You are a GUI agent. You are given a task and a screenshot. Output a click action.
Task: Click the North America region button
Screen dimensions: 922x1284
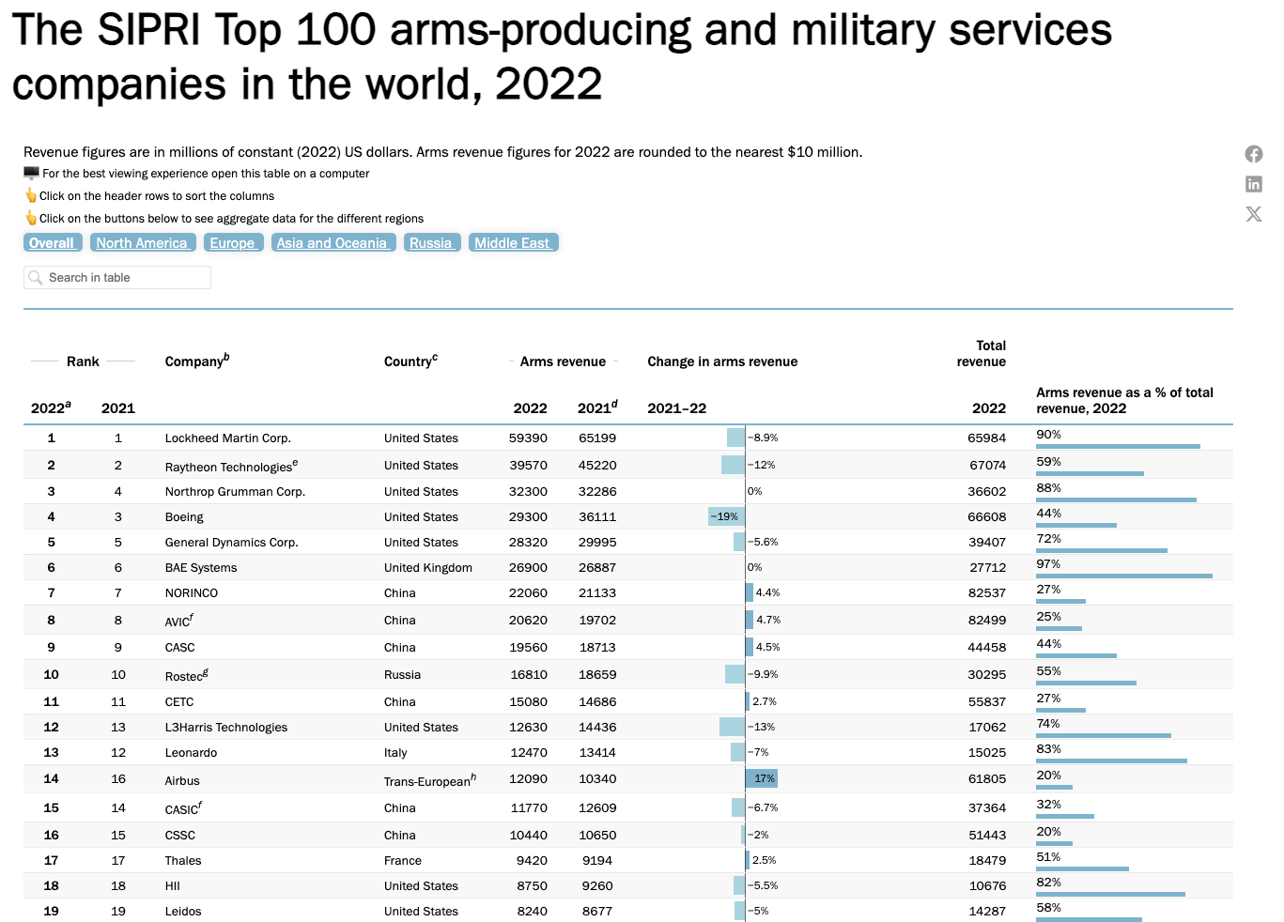coord(142,243)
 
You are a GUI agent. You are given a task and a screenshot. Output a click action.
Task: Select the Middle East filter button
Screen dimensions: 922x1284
coord(513,243)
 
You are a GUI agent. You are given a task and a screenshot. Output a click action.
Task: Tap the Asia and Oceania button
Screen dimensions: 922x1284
coord(333,243)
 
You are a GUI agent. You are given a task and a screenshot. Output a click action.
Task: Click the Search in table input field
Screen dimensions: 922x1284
coord(117,278)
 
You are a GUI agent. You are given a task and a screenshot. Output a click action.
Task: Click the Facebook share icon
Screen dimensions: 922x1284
coord(1254,154)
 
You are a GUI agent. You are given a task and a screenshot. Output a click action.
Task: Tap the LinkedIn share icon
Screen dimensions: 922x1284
coord(1254,184)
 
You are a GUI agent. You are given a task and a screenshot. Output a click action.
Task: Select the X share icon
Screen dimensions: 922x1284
coord(1254,214)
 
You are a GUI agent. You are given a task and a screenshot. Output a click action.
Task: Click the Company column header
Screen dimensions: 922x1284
coord(196,361)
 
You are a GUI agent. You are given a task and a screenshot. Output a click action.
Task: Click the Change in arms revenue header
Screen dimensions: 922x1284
coord(721,361)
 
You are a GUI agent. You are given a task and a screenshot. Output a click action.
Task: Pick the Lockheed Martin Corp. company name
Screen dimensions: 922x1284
coord(227,438)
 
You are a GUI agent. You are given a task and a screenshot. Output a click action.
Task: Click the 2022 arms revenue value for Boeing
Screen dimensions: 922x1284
coord(528,517)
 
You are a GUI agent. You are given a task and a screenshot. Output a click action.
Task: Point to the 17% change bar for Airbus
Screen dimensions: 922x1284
coord(762,778)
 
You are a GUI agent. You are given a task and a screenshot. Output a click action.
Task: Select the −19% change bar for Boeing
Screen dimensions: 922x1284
coord(726,516)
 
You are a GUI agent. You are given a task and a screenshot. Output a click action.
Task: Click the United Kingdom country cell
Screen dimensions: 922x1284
coord(427,568)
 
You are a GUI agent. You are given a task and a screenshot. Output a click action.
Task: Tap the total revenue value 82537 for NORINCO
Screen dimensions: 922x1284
coord(986,593)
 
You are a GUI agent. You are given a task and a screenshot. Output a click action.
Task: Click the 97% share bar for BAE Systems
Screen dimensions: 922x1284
coord(1123,575)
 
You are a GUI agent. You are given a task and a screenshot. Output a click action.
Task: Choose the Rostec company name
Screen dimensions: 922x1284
coord(184,676)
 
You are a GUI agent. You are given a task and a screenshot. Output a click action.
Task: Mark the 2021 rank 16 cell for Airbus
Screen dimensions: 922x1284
coord(118,779)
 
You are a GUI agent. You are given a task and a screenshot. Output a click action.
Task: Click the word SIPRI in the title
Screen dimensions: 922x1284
coord(148,30)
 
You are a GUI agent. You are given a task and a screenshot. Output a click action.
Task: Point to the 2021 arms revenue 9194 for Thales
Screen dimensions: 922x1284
coord(596,861)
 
